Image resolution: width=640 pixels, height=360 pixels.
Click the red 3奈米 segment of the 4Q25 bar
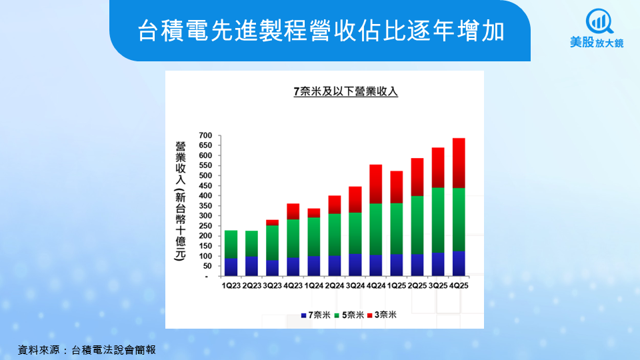(459, 163)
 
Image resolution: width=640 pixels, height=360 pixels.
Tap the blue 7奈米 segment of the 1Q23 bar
(231, 267)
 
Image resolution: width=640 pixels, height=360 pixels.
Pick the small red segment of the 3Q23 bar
(272, 223)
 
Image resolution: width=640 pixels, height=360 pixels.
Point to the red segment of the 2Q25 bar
(417, 177)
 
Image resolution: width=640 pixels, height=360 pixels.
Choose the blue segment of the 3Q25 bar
(438, 264)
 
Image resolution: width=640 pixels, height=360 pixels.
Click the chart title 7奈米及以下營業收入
(345, 92)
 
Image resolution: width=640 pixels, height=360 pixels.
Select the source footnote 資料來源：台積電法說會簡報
(87, 349)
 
